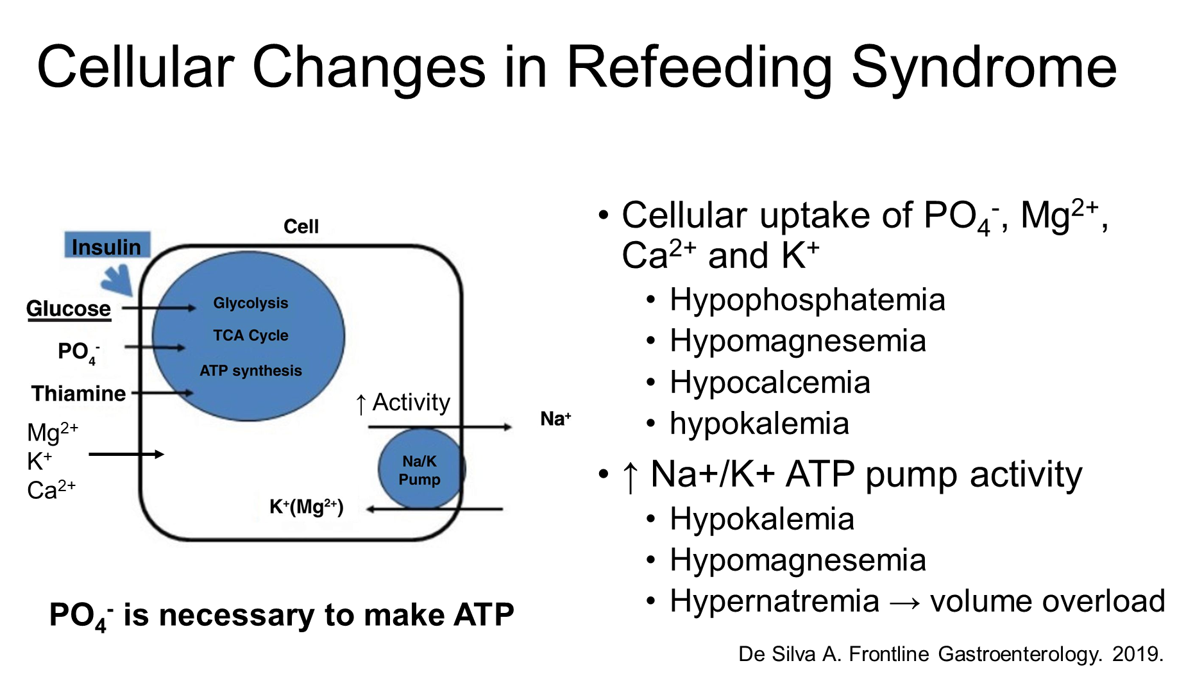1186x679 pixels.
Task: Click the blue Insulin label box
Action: tap(107, 245)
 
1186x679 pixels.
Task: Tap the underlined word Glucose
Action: tap(69, 309)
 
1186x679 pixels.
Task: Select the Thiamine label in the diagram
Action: tap(78, 393)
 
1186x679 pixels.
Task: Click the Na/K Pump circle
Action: tap(421, 469)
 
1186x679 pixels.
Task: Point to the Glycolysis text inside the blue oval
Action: tap(251, 303)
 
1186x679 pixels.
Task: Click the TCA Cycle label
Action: tap(251, 335)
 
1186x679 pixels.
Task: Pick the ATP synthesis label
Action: tap(251, 371)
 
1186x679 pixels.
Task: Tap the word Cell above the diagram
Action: tap(301, 226)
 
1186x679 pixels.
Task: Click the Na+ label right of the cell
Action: tap(555, 419)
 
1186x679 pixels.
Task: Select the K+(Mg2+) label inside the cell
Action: tap(307, 507)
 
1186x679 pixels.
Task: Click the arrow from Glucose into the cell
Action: tap(159, 308)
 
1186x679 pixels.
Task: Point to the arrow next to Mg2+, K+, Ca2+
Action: tap(126, 455)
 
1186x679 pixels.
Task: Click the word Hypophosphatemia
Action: tap(808, 300)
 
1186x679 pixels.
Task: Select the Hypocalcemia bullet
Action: tap(770, 383)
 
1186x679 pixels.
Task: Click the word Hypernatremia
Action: tap(774, 601)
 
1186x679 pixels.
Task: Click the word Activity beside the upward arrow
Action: tap(411, 403)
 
